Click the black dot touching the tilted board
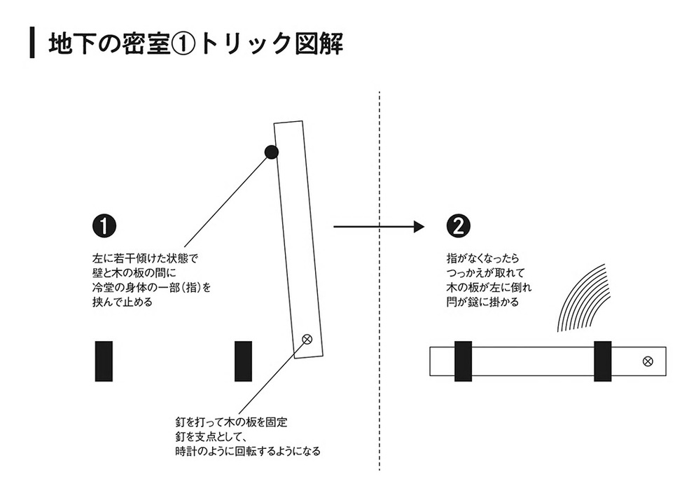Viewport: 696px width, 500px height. pyautogui.click(x=272, y=152)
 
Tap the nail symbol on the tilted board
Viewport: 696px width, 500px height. pyautogui.click(x=306, y=340)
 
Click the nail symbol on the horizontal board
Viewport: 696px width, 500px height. pyautogui.click(x=648, y=361)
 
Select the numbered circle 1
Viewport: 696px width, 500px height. pyautogui.click(x=104, y=226)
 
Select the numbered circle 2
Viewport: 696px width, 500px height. pyautogui.click(x=459, y=226)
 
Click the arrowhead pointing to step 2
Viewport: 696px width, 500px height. pyautogui.click(x=419, y=226)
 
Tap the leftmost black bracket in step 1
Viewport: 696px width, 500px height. pyautogui.click(x=104, y=361)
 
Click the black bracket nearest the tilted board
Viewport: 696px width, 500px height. pyautogui.click(x=243, y=361)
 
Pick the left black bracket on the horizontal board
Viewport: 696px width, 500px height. pyautogui.click(x=463, y=361)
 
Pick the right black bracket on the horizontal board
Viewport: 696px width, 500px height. pyautogui.click(x=602, y=361)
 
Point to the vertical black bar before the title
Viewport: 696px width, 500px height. pyautogui.click(x=32, y=43)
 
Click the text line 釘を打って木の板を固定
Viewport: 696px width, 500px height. pyautogui.click(x=231, y=423)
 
